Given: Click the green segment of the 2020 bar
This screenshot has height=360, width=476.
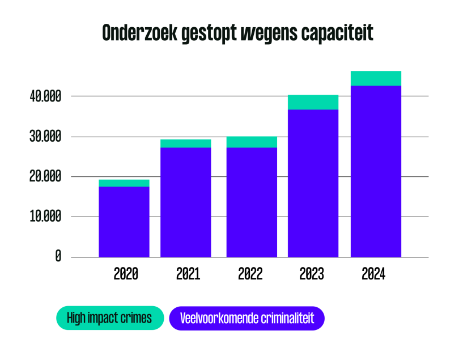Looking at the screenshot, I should click(x=124, y=183).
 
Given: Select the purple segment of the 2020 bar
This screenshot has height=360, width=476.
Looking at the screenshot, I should click(x=124, y=222).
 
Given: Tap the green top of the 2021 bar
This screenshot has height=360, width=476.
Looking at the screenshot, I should click(x=186, y=143).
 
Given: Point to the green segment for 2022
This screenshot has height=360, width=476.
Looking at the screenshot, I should click(x=252, y=142).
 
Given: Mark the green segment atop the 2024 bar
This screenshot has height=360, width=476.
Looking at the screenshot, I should click(x=376, y=78).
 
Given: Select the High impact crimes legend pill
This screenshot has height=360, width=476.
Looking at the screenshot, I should click(x=109, y=318).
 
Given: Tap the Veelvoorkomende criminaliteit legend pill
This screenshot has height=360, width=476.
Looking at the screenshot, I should click(x=246, y=318).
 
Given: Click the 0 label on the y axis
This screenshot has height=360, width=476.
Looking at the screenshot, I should click(x=58, y=257).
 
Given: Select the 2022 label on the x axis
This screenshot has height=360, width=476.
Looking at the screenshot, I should click(x=250, y=274).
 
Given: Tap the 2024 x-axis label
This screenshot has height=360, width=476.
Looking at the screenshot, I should click(x=373, y=274).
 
